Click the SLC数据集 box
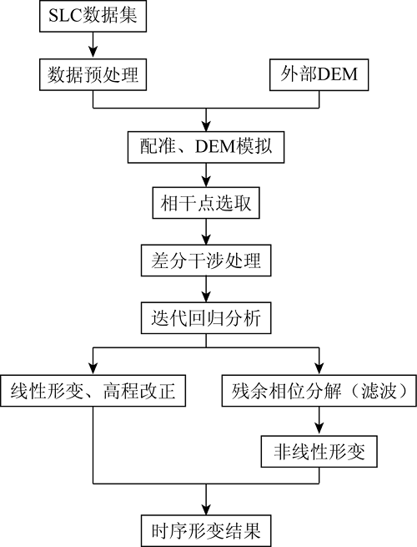(x=93, y=16)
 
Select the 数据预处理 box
(x=93, y=74)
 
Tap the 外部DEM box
(x=319, y=74)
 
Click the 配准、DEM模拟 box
(x=206, y=147)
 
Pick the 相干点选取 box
(x=206, y=203)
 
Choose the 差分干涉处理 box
(x=206, y=261)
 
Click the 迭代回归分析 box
(x=206, y=318)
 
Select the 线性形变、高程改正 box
(x=93, y=391)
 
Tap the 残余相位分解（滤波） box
(x=319, y=391)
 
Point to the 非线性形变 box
(x=319, y=452)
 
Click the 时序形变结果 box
(x=206, y=530)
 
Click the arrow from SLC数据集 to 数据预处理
(x=93, y=45)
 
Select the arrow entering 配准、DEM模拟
(x=206, y=119)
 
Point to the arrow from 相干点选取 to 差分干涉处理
(x=206, y=232)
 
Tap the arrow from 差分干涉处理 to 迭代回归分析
(x=206, y=289)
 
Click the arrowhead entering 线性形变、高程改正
(x=93, y=369)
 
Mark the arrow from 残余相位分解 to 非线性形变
(x=319, y=421)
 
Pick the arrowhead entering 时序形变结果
(x=206, y=509)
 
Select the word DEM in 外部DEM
(x=338, y=74)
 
